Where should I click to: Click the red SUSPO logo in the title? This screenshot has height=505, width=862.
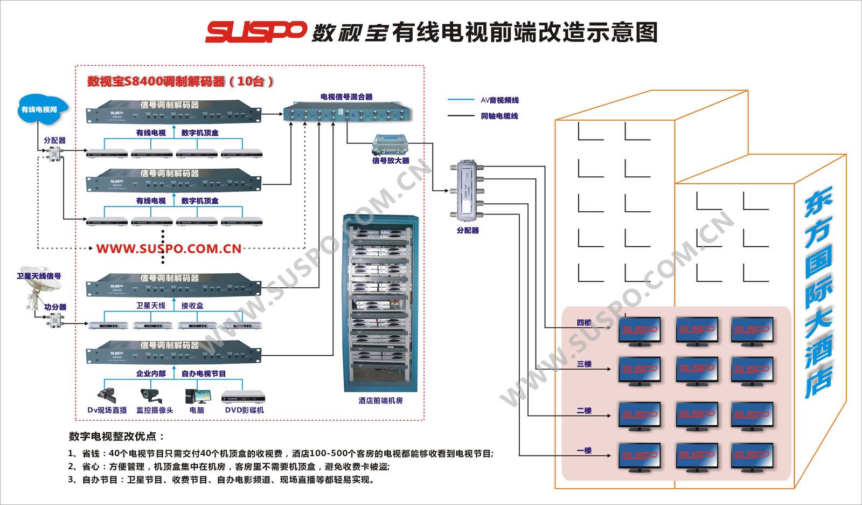pyautogui.click(x=255, y=32)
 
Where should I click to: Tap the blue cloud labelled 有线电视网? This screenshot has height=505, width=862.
pyautogui.click(x=39, y=109)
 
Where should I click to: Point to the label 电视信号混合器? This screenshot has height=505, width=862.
pyautogui.click(x=346, y=97)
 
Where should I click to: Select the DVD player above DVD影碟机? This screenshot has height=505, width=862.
pyautogui.click(x=244, y=397)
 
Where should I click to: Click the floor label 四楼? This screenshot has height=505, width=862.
pyautogui.click(x=583, y=323)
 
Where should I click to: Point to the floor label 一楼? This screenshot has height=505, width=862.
pyautogui.click(x=584, y=451)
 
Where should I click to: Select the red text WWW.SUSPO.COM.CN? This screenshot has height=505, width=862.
pyautogui.click(x=169, y=249)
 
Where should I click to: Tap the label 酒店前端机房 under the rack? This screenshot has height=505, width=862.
pyautogui.click(x=380, y=400)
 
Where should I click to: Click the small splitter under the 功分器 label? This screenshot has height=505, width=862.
pyautogui.click(x=54, y=321)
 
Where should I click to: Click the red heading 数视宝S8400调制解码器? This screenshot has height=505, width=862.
pyautogui.click(x=180, y=81)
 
